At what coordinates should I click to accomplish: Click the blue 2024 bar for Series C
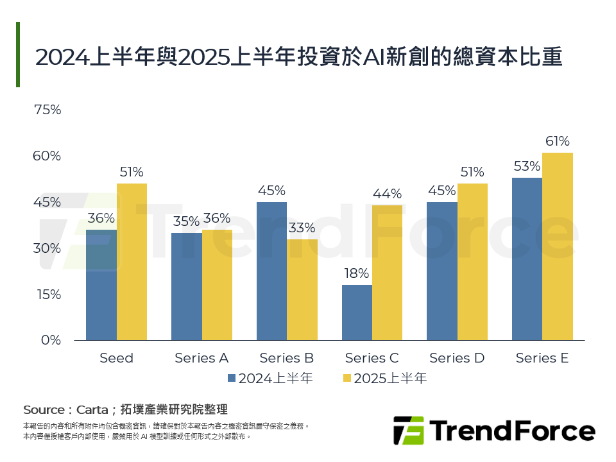pos(357,312)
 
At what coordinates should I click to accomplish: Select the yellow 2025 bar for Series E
pos(557,246)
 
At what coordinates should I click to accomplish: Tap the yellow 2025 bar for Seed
pos(132,262)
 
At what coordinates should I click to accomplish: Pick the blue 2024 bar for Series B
pos(271,271)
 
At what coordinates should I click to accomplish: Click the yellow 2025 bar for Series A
pos(217,285)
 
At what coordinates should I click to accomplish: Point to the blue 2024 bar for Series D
pos(442,271)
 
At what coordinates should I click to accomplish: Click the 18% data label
pos(357,273)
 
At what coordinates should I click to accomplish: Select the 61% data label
pos(557,141)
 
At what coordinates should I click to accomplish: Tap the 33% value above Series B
pos(302,228)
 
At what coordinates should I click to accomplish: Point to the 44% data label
pos(387,194)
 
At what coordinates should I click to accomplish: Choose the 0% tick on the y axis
pos(51,340)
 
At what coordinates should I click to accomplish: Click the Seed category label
pos(116,358)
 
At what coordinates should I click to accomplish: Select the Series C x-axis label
pos(372,358)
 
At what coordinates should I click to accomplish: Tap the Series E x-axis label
pos(542,358)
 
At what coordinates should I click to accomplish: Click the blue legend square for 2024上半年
pos(232,379)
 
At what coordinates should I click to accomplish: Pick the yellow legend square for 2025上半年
pos(346,379)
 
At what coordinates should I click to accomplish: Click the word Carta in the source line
pos(92,409)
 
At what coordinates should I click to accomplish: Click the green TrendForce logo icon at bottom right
pos(409,431)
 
